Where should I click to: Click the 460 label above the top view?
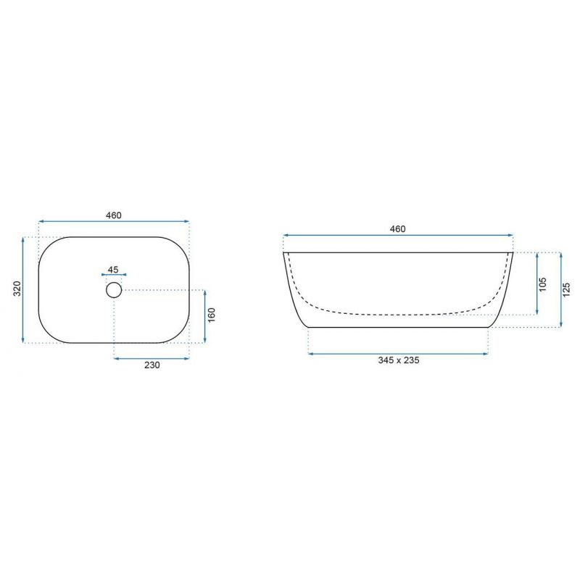click(114, 215)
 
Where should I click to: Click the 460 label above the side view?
click(397, 229)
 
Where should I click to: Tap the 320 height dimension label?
click(17, 289)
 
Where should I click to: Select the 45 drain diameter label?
click(113, 270)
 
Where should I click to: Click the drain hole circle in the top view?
click(114, 282)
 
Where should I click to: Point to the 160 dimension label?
click(211, 315)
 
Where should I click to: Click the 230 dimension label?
click(152, 365)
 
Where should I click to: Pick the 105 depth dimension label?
click(542, 284)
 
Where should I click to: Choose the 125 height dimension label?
click(566, 289)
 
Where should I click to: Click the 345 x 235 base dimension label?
click(399, 360)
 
